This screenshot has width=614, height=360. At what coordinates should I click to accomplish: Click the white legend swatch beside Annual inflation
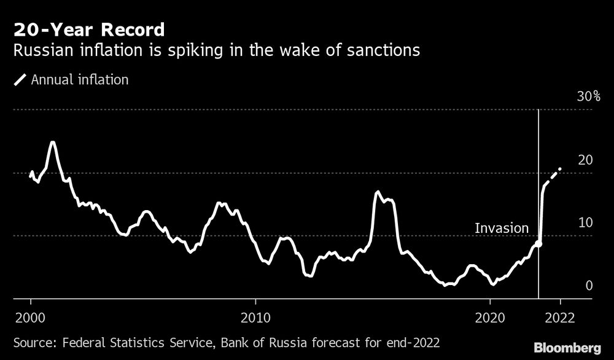20,79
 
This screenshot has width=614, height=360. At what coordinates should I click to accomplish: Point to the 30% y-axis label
588,97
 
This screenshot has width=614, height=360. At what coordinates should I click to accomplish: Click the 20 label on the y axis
586,160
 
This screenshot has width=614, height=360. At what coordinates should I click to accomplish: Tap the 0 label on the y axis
589,286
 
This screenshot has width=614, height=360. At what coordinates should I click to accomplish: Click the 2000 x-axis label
31,319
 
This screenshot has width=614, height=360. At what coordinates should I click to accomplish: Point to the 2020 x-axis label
490,319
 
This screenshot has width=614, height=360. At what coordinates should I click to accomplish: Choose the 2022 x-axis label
560,319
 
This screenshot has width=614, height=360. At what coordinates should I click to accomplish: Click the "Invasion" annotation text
502,229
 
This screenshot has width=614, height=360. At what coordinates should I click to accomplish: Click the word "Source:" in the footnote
33,342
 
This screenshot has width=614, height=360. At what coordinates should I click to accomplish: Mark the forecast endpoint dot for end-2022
559,168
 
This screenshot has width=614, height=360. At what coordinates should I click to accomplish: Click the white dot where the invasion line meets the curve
538,244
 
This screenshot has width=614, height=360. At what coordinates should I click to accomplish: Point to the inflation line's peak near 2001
52,143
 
